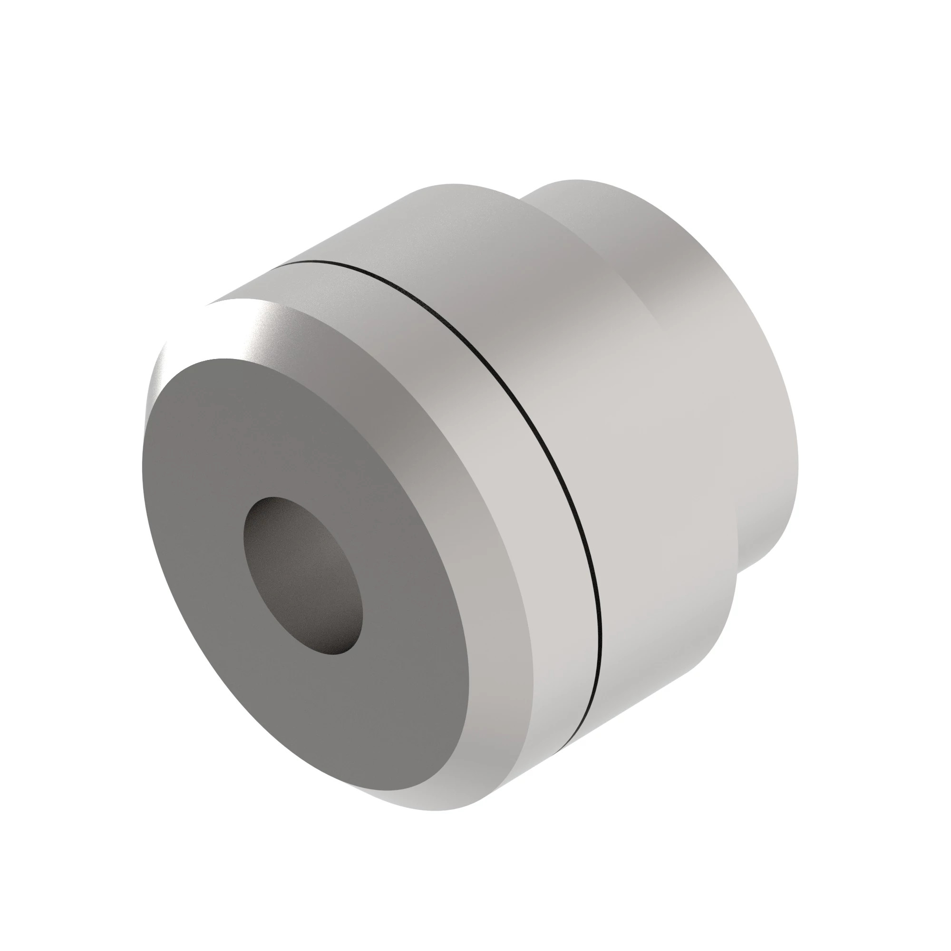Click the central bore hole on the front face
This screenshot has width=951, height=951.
[x=303, y=575]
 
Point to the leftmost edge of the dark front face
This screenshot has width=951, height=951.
[x=142, y=443]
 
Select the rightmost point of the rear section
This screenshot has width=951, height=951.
[x=798, y=458]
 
